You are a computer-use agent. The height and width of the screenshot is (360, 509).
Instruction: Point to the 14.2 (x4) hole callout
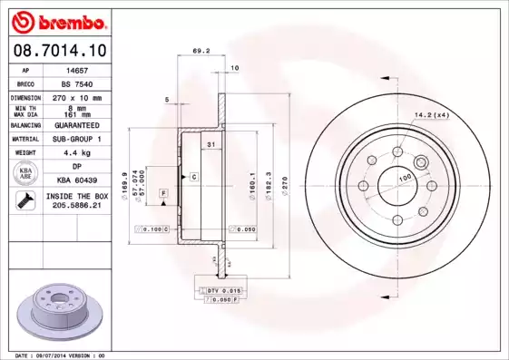431,114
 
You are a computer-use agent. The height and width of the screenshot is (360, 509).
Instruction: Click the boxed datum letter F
163,194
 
